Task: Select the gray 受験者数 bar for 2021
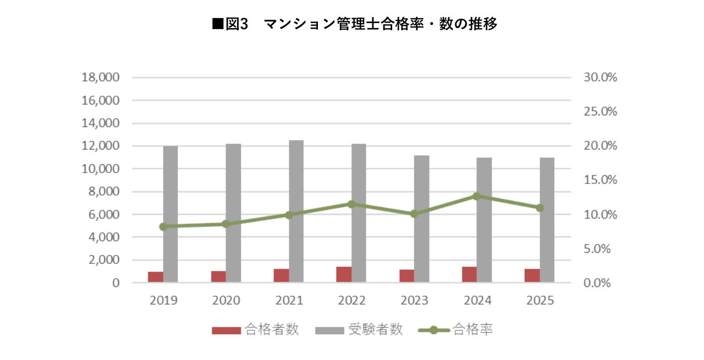296,212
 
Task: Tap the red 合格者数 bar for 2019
156,277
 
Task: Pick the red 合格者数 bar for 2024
469,275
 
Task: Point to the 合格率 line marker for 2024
477,196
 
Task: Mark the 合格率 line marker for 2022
351,204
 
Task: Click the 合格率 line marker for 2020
226,224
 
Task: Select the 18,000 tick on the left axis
100,77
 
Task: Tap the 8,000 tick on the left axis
104,192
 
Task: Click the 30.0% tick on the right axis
600,77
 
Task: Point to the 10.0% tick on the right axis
600,214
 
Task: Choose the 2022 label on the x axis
351,301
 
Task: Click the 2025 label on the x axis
540,301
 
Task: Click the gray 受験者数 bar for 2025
547,220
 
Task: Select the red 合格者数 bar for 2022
344,275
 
